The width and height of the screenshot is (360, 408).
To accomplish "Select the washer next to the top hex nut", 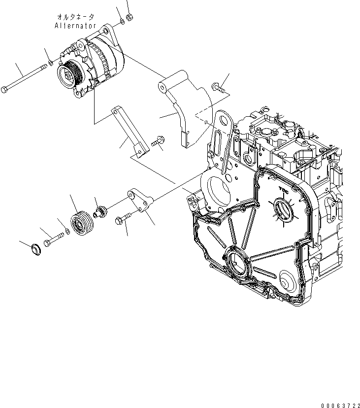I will [x=122, y=22].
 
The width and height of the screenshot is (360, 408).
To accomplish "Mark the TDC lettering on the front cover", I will [x=283, y=189].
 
